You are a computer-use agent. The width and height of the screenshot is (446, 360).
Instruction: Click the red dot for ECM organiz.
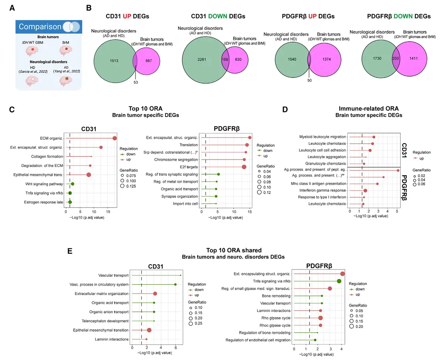[x=114, y=138]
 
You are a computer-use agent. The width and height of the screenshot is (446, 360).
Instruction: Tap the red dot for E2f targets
[x=244, y=167]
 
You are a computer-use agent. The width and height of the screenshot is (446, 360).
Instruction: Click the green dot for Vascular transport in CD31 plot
[x=181, y=275]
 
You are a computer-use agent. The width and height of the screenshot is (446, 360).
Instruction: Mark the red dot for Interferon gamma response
[x=365, y=190]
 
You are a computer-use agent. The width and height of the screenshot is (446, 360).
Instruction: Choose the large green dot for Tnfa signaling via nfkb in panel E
[x=339, y=281]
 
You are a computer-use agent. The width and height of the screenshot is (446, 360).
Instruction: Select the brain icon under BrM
[x=66, y=51]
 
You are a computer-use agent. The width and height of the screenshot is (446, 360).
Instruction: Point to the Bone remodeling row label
[x=277, y=296]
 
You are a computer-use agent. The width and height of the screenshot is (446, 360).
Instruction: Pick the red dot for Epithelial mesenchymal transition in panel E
[x=149, y=330]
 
